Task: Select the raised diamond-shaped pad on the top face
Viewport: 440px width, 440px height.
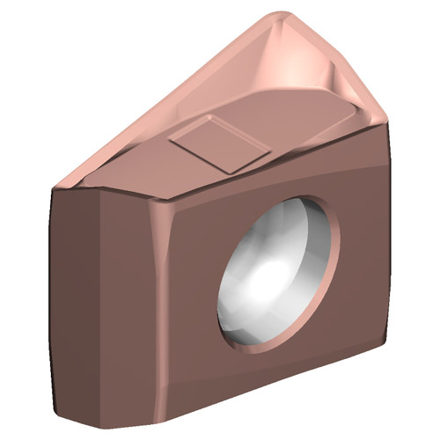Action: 220,144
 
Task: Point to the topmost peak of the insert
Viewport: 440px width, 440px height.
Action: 280,15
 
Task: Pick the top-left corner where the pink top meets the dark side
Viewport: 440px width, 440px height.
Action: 55,187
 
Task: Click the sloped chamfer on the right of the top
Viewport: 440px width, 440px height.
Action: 361,88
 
